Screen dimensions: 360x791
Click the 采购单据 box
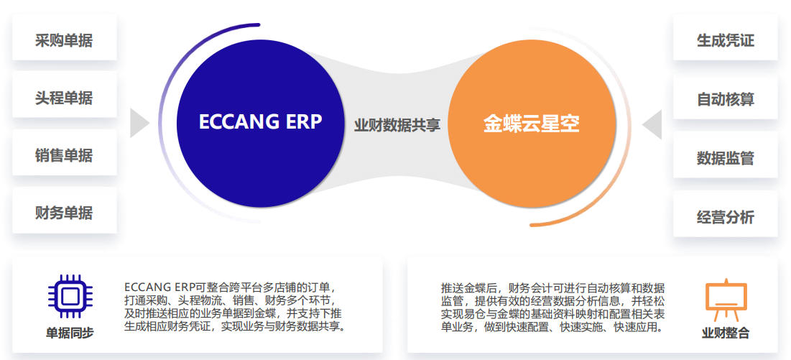(64, 40)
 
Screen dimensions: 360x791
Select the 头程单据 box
(64, 97)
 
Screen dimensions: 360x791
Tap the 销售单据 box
(64, 154)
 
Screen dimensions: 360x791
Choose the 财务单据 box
(64, 212)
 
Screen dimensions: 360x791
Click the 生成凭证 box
(725, 40)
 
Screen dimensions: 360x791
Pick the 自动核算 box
(725, 98)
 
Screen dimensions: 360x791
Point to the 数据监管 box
(725, 157)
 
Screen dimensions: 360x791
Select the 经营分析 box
(725, 216)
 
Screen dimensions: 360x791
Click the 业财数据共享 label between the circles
(397, 125)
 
